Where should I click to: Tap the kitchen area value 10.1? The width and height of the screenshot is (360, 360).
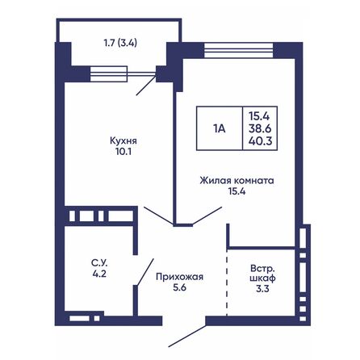(121, 149)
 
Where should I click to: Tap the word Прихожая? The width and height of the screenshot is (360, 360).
(179, 277)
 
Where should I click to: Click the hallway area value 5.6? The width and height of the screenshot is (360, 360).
(179, 288)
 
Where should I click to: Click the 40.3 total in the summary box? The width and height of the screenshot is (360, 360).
(261, 140)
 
